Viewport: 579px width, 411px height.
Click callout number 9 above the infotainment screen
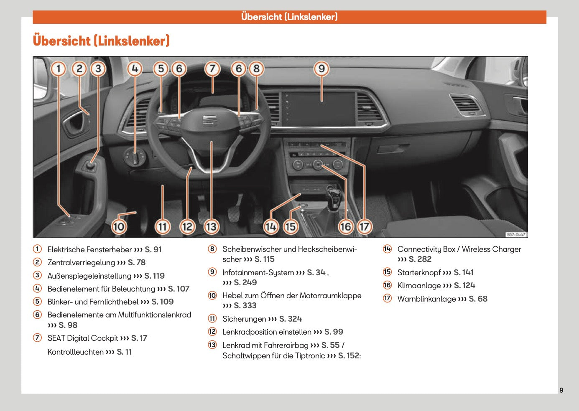(321, 69)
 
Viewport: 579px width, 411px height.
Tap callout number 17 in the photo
(364, 227)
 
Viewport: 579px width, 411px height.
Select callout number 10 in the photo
(119, 227)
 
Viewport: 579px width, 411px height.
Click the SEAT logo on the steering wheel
(209, 120)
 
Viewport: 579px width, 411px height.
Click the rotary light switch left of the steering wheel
(135, 157)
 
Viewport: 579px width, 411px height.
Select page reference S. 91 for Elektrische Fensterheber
(153, 250)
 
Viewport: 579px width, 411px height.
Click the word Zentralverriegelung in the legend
(81, 263)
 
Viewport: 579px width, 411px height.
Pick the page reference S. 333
(245, 306)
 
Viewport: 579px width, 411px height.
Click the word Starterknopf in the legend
(419, 273)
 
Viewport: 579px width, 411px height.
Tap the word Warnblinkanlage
(426, 299)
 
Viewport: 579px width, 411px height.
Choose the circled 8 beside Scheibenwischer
(212, 249)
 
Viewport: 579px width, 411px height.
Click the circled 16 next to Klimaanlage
(388, 285)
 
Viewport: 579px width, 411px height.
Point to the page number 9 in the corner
(561, 390)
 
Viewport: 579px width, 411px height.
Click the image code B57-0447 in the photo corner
(516, 235)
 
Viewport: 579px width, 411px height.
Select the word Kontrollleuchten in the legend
(75, 352)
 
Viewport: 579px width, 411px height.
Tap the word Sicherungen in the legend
(244, 319)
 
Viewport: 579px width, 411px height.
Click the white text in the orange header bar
(289, 17)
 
